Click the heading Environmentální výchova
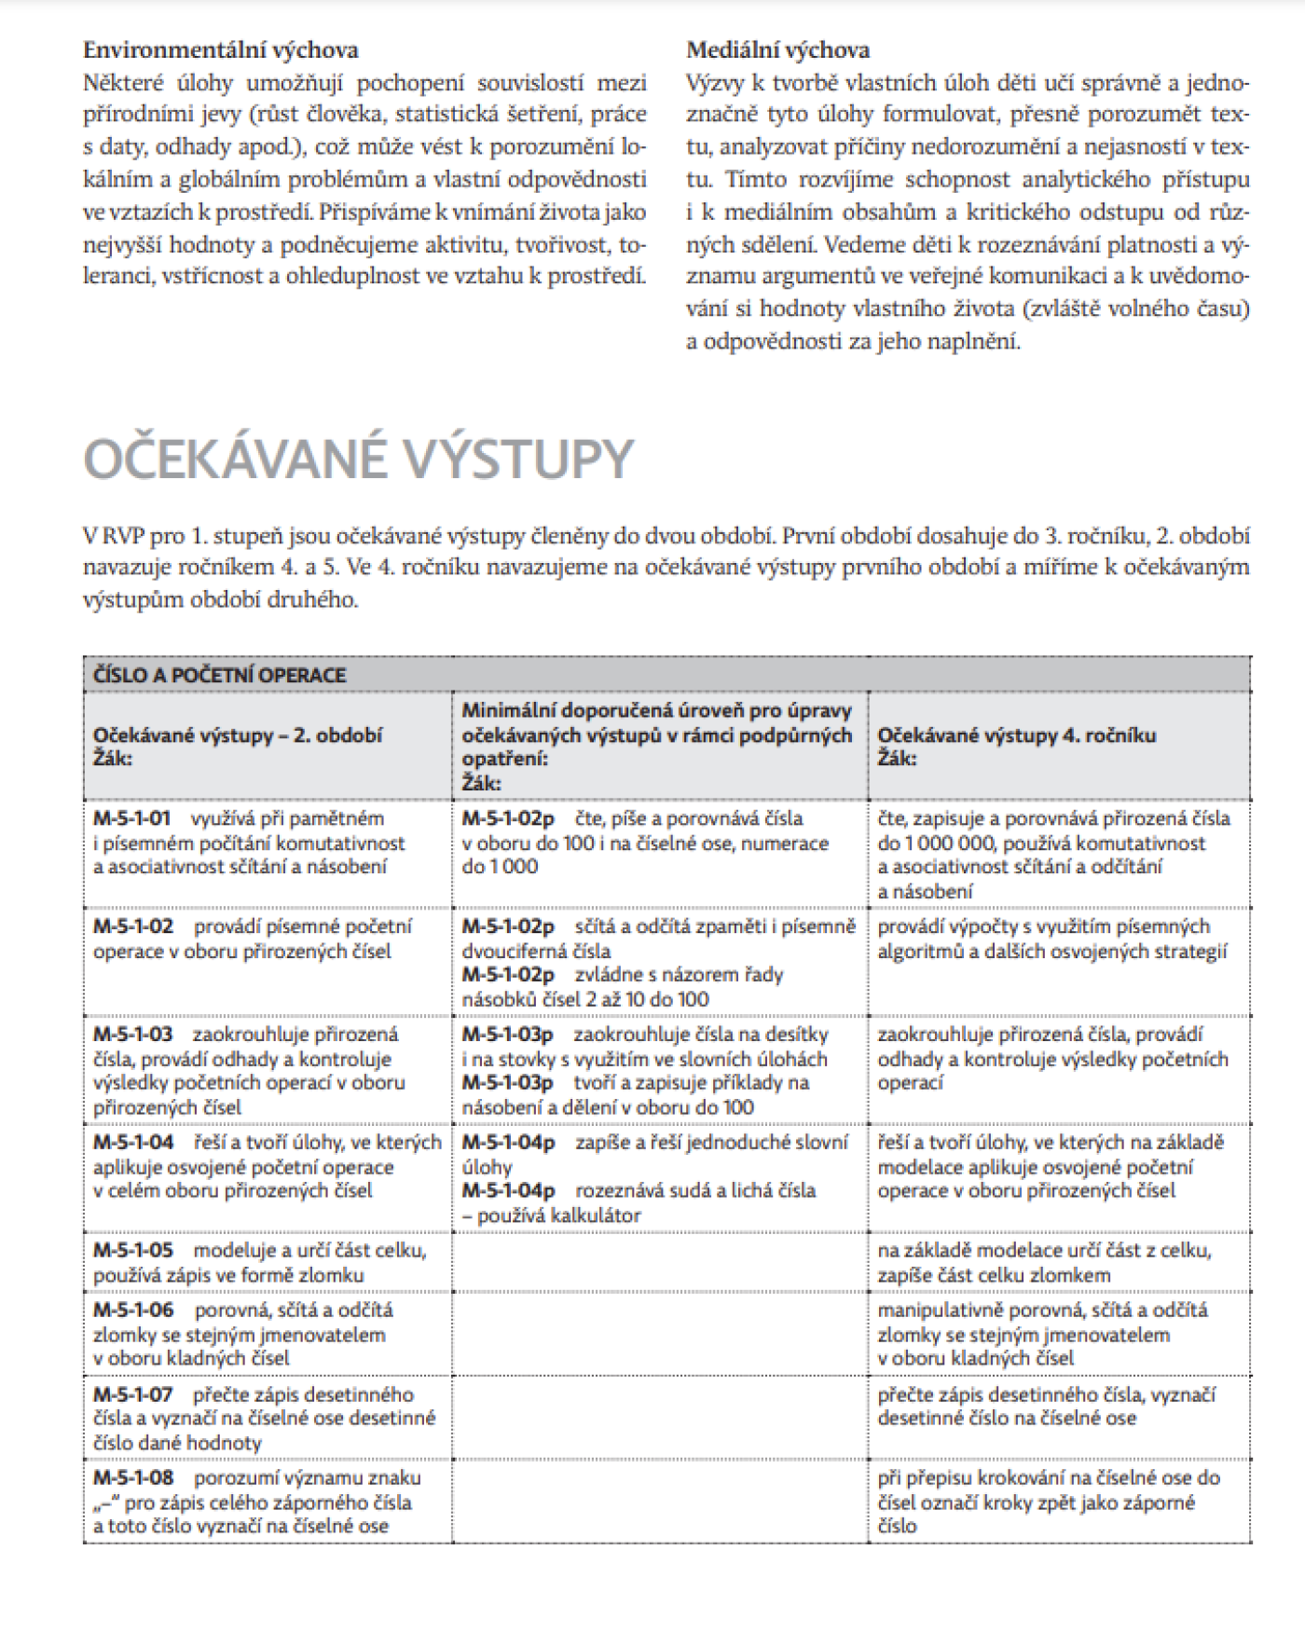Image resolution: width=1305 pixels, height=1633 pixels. pyautogui.click(x=220, y=50)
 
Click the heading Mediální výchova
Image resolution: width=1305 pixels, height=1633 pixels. pyautogui.click(x=777, y=50)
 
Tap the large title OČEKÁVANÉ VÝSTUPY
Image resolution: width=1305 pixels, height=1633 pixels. pyautogui.click(x=358, y=459)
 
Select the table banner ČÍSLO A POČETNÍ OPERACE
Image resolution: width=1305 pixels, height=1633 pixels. pyautogui.click(x=220, y=675)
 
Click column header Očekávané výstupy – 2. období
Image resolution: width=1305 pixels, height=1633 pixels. pyautogui.click(x=238, y=734)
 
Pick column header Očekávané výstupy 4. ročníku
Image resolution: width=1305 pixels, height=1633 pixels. pyautogui.click(x=1016, y=734)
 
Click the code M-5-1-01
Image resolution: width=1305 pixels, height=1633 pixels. pyautogui.click(x=131, y=819)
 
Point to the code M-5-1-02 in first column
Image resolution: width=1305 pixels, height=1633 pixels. pyautogui.click(x=133, y=927)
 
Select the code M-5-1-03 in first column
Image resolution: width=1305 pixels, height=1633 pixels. pyautogui.click(x=132, y=1035)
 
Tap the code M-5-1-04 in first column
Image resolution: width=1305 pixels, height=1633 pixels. pyautogui.click(x=133, y=1143)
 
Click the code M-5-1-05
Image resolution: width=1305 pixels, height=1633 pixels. pyautogui.click(x=133, y=1251)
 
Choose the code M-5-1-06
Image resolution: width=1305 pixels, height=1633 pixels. pyautogui.click(x=133, y=1311)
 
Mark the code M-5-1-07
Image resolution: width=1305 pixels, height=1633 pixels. pyautogui.click(x=133, y=1395)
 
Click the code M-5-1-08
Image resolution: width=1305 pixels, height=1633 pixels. pyautogui.click(x=133, y=1478)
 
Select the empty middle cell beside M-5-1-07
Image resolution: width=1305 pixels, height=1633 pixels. pyautogui.click(x=660, y=1418)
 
